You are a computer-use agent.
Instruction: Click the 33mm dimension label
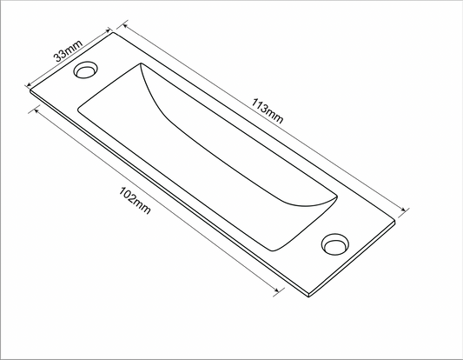click(x=67, y=53)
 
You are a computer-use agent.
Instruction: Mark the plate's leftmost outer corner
click(x=30, y=90)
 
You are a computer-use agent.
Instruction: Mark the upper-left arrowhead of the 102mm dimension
click(x=35, y=110)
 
